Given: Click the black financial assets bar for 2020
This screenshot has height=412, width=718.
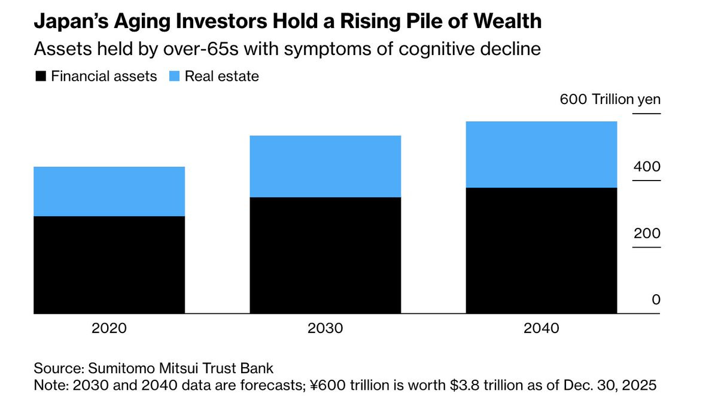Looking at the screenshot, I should pos(109,264).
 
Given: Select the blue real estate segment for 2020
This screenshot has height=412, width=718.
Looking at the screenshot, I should pos(109,191).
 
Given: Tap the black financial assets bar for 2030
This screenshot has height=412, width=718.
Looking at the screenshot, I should pos(325,255).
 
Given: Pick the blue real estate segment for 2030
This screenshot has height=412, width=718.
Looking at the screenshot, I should pos(325,166).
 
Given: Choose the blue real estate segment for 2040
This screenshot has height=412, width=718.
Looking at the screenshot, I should pos(541,154).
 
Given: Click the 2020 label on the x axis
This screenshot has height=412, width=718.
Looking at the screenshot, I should pos(109,328).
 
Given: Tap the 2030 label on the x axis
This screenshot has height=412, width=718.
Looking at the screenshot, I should pos(325,328).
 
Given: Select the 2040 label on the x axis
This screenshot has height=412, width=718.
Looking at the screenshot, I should pos(541,328).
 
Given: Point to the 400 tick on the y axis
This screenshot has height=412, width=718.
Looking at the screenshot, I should pos(647,166).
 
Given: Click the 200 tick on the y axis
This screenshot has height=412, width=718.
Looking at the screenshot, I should pos(647,233).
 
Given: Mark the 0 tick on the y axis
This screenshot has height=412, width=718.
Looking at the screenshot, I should pos(656,300).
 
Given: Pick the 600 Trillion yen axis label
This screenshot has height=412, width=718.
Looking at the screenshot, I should pos(610,99).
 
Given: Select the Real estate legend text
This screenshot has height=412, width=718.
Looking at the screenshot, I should pos(221,77).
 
